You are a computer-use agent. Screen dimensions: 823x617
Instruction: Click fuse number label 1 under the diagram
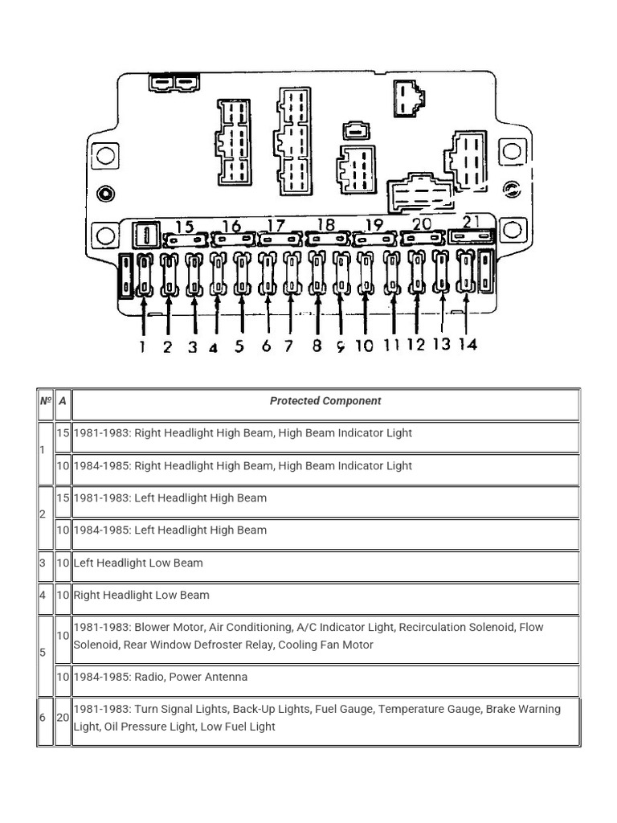pyautogui.click(x=142, y=347)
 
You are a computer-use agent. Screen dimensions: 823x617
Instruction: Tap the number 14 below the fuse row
pyautogui.click(x=468, y=344)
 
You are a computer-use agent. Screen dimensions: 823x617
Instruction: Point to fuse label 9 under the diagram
pyautogui.click(x=341, y=347)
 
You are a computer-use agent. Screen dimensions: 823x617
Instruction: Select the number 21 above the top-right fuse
pyautogui.click(x=472, y=222)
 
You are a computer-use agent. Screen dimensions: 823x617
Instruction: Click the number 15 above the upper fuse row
pyautogui.click(x=184, y=226)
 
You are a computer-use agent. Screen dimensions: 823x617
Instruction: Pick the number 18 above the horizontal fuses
pyautogui.click(x=325, y=225)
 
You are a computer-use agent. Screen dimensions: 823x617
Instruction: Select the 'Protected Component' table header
pyautogui.click(x=325, y=401)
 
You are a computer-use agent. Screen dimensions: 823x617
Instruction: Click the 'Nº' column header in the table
pyautogui.click(x=45, y=401)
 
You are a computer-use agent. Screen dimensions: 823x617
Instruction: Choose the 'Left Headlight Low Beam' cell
pyautogui.click(x=138, y=563)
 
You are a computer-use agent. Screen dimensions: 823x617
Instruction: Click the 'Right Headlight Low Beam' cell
pyautogui.click(x=141, y=596)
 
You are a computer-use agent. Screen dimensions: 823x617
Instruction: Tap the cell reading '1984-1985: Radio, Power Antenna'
pyautogui.click(x=161, y=678)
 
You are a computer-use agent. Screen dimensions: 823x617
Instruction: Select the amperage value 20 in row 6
pyautogui.click(x=63, y=718)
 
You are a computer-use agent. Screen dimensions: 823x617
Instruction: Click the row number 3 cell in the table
pyautogui.click(x=43, y=563)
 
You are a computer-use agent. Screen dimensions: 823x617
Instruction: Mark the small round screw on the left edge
pyautogui.click(x=104, y=193)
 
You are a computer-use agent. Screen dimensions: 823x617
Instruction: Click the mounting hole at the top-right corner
pyautogui.click(x=510, y=151)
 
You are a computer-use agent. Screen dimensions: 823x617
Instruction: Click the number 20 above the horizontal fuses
pyautogui.click(x=421, y=224)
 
